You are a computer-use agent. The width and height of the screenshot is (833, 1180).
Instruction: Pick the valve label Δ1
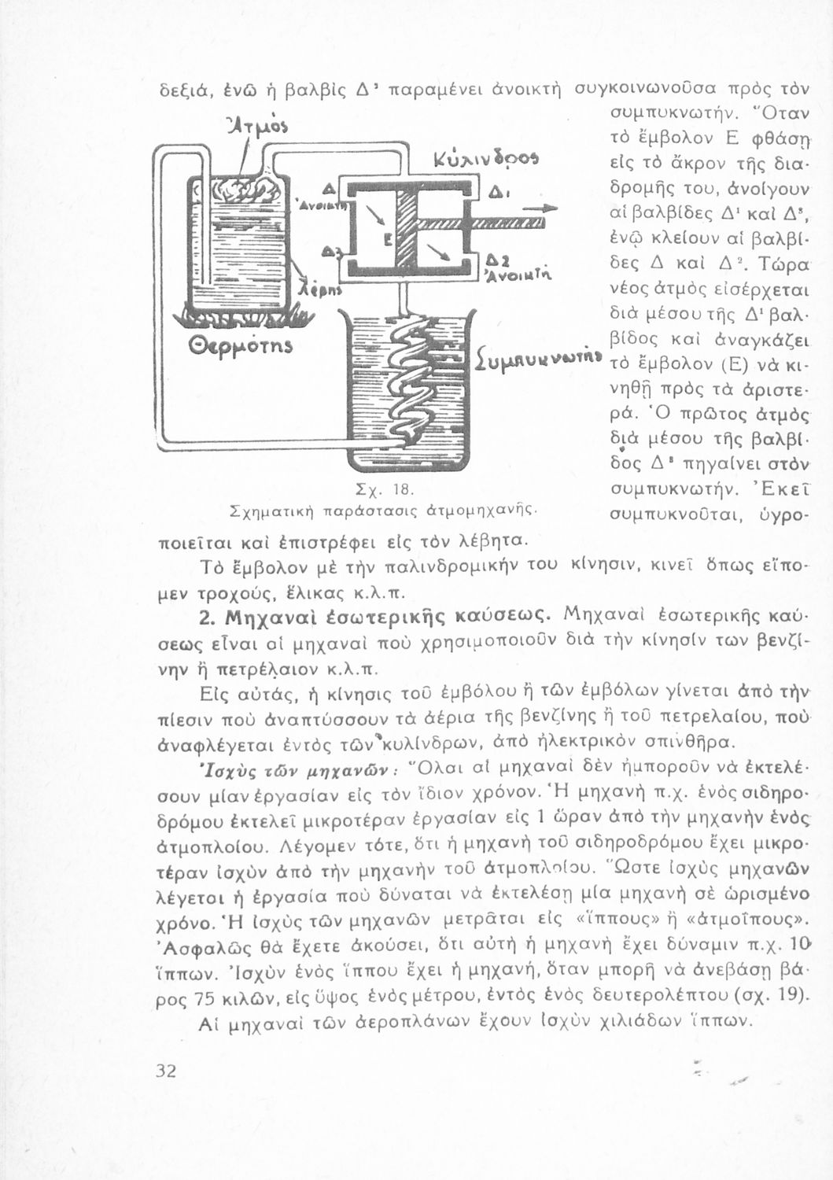point(496,193)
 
